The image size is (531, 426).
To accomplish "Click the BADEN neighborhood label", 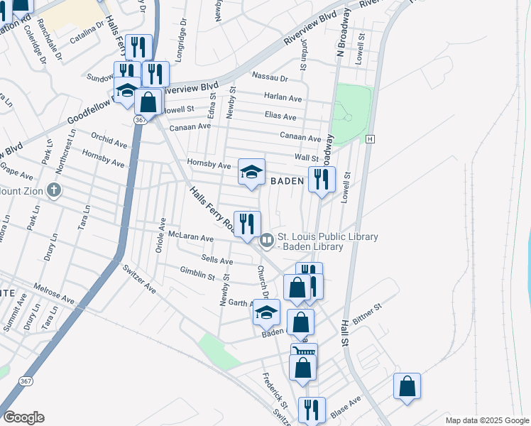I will click(287, 182).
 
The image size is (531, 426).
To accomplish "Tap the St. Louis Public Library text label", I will click(327, 237).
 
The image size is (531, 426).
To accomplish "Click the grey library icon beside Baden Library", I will click(267, 240).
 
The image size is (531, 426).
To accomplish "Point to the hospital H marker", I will click(370, 138).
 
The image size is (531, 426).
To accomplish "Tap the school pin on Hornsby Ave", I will click(251, 173).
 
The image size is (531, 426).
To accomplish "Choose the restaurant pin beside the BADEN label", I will click(322, 180).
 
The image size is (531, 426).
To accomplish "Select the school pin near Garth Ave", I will click(267, 313).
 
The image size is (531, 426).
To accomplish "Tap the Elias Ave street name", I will click(280, 116).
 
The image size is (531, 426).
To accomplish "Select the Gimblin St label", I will click(197, 273).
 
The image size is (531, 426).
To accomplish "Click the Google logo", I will click(23, 417).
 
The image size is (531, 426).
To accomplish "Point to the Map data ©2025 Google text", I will click(486, 420).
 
